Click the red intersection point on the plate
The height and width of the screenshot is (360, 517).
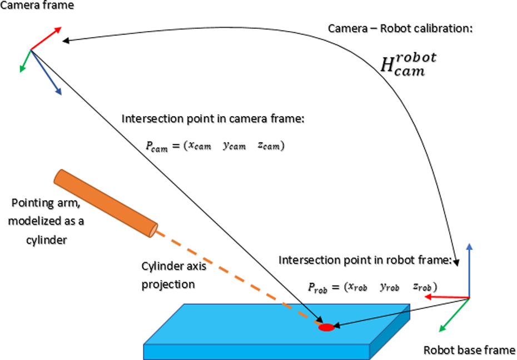click(x=326, y=327)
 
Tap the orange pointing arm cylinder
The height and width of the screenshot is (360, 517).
click(x=106, y=203)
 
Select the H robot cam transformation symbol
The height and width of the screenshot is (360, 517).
click(x=408, y=64)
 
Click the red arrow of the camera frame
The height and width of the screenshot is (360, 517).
click(x=46, y=38)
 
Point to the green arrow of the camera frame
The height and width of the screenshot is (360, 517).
click(x=26, y=61)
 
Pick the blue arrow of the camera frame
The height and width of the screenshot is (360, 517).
click(x=46, y=72)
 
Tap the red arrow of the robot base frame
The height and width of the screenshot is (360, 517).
click(x=447, y=297)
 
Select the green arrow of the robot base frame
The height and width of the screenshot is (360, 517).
click(x=454, y=315)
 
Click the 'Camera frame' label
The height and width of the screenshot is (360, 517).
click(x=37, y=5)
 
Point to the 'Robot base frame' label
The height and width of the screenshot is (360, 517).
click(x=469, y=350)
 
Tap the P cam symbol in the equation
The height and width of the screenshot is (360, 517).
click(x=157, y=146)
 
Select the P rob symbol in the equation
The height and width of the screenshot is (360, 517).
click(x=317, y=288)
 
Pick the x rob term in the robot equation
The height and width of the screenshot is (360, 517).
click(x=358, y=287)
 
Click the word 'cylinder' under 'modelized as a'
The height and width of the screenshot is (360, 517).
click(x=47, y=240)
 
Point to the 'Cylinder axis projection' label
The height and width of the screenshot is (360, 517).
click(x=174, y=275)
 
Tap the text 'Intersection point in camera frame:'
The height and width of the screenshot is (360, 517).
click(x=213, y=118)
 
